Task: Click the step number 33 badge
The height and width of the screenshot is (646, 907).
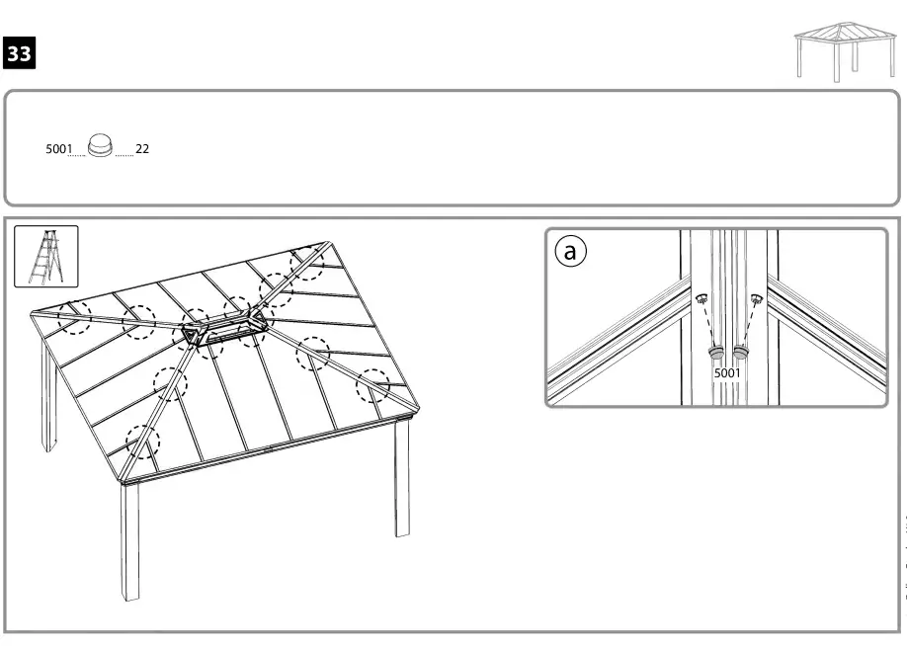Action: tap(20, 55)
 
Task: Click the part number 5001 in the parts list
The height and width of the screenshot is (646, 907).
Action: tap(58, 149)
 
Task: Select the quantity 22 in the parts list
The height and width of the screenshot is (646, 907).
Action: tap(142, 149)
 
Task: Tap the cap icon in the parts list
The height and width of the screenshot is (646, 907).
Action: tap(101, 146)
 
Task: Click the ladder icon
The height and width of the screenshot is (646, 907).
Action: tap(45, 256)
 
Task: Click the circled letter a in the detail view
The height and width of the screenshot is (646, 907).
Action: tap(569, 252)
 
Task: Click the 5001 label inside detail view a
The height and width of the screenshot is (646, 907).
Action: tap(727, 373)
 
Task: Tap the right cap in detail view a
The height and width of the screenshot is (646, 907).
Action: tap(739, 353)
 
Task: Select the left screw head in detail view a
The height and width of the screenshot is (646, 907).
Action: tap(701, 299)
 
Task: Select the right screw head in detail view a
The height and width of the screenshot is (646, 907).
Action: tap(756, 298)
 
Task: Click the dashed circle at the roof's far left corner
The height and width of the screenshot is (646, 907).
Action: tap(74, 316)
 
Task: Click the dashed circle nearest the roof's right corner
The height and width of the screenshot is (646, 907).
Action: tap(373, 384)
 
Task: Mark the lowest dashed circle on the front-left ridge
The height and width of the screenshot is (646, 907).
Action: tap(142, 443)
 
